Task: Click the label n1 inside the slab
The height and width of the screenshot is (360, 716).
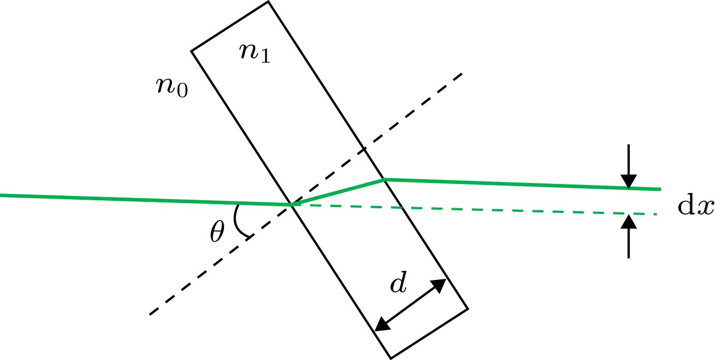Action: (x=255, y=53)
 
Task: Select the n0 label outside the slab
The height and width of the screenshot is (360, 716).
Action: (x=172, y=86)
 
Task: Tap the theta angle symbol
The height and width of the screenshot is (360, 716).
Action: (x=217, y=232)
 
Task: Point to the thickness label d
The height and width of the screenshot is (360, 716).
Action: (x=399, y=285)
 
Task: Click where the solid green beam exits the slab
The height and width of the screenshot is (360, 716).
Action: (x=384, y=180)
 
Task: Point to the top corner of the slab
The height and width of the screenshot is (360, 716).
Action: (x=268, y=2)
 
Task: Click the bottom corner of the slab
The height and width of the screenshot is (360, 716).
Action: (x=391, y=358)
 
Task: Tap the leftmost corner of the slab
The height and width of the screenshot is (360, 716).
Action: (x=191, y=51)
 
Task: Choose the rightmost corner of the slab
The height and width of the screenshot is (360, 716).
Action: (x=468, y=308)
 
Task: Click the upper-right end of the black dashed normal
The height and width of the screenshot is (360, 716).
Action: (x=461, y=74)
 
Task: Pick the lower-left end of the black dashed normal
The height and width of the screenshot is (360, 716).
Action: (x=151, y=315)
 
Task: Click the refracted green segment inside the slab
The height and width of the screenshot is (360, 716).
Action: (x=337, y=192)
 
